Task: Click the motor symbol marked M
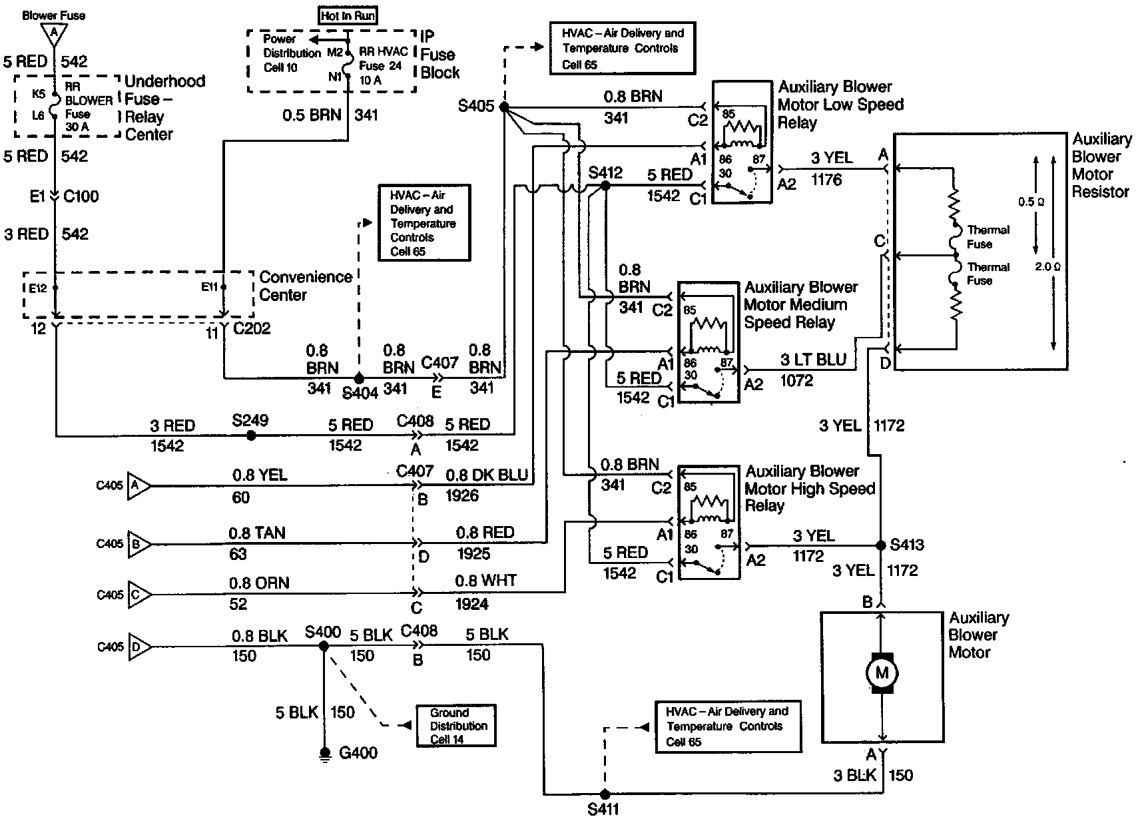tap(882, 673)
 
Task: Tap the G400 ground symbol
tap(325, 754)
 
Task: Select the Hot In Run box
tap(348, 16)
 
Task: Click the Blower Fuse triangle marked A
tap(53, 35)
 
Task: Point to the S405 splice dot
tap(504, 107)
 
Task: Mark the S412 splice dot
tap(605, 186)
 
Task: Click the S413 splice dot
tap(881, 545)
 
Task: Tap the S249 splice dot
tap(251, 435)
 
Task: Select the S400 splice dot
tap(324, 646)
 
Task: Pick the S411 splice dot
tap(605, 794)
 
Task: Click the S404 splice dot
tap(359, 378)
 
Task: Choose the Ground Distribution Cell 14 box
tap(456, 726)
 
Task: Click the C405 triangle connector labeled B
tap(138, 544)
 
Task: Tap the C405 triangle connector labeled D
tap(139, 647)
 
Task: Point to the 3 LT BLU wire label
tap(813, 360)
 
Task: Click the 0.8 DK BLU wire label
tap(487, 475)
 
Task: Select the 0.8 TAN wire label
tap(256, 533)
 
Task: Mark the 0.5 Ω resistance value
tap(1031, 202)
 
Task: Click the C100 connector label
tap(81, 196)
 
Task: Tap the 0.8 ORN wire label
tap(258, 583)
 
